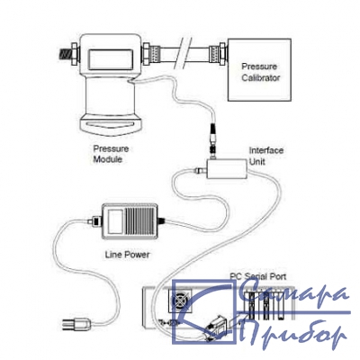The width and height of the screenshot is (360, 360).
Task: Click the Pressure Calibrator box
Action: (x=259, y=69)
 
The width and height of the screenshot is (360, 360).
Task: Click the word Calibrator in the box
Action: (x=261, y=78)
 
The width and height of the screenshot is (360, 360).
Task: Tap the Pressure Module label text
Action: (x=111, y=154)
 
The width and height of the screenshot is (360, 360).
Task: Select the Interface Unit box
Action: (x=227, y=169)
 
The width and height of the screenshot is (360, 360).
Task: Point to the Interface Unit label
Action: (x=266, y=156)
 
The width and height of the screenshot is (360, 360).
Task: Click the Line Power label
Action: (x=127, y=255)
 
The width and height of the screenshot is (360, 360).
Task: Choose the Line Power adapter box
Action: (x=130, y=221)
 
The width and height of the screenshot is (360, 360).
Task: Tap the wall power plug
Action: (x=76, y=323)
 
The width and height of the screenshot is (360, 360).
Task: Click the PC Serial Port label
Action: (x=258, y=276)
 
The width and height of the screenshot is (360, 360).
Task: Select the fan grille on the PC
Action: (x=181, y=301)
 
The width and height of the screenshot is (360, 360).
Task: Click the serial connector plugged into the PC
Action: (x=216, y=326)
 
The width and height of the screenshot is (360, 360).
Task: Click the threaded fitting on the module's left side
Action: (x=68, y=55)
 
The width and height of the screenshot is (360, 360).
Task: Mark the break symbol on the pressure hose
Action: (x=185, y=52)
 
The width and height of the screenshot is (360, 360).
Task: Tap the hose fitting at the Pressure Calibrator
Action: (x=217, y=55)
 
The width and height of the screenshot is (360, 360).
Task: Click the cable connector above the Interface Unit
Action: (x=212, y=139)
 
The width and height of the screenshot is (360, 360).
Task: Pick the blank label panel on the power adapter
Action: (x=115, y=221)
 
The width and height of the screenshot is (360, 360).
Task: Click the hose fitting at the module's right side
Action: (x=151, y=54)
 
